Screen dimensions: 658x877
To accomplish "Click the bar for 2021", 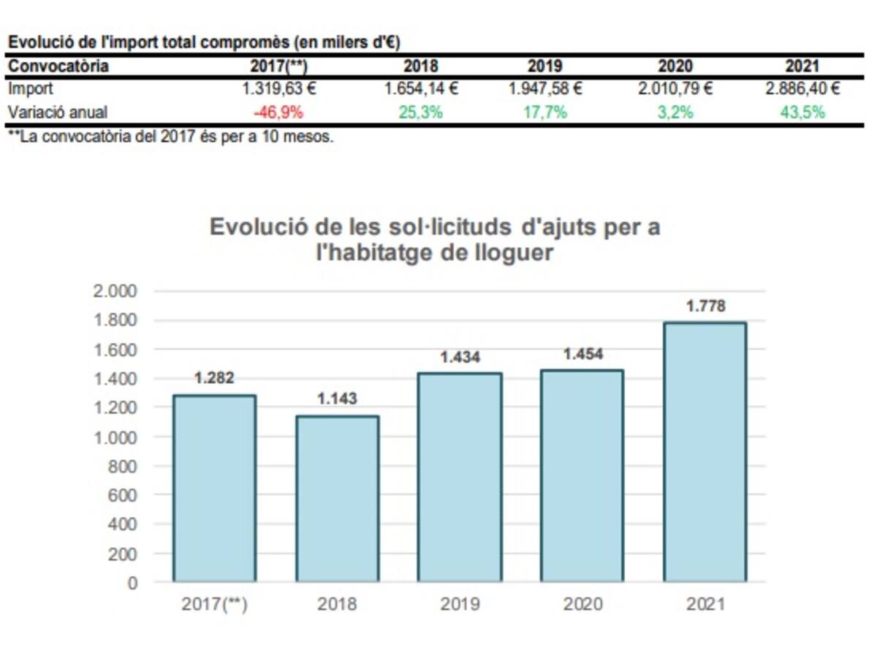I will (x=705, y=453).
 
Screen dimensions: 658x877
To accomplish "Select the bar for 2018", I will (x=337, y=499).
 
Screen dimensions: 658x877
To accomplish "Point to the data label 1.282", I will (x=214, y=378).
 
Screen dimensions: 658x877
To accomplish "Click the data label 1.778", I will (x=705, y=306).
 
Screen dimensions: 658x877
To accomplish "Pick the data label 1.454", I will (x=582, y=354).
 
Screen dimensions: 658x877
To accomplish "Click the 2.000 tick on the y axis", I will (x=116, y=291).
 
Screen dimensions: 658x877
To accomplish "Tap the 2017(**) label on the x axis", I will (x=214, y=605).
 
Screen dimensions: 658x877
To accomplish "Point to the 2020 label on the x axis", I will (x=582, y=605).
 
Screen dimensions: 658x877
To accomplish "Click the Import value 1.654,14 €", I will (x=421, y=89).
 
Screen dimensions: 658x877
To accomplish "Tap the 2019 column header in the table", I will (x=545, y=66).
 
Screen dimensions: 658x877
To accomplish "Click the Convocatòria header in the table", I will (x=58, y=66).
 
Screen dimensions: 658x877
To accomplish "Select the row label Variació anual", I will (x=58, y=113).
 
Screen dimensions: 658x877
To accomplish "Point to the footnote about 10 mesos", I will (x=170, y=137).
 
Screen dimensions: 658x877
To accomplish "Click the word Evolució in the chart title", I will (x=252, y=227).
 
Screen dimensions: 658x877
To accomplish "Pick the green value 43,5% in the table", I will (x=802, y=113).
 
